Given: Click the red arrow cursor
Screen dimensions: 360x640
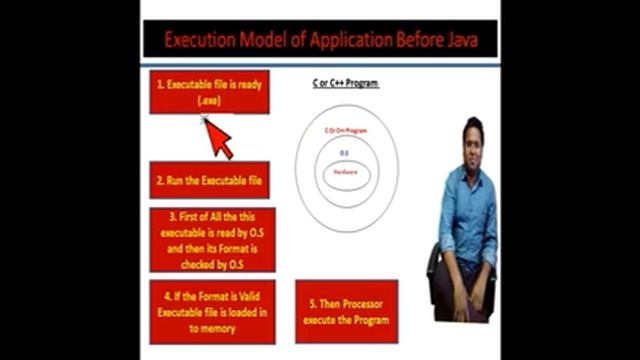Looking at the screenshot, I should [x=219, y=138].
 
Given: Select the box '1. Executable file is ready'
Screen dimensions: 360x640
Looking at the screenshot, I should [x=209, y=92].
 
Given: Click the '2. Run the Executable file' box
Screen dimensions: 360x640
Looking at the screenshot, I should [x=209, y=181].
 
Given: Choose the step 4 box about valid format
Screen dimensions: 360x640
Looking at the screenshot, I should [x=209, y=311].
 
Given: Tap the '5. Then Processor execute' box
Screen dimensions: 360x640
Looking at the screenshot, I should [x=346, y=311].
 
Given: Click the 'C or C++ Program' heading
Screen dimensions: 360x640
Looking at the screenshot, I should [x=346, y=83].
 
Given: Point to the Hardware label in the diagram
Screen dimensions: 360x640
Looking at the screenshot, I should [x=346, y=174].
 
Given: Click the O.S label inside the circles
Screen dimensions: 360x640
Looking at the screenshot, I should [x=345, y=152].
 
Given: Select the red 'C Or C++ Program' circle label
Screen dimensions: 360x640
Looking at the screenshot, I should [x=346, y=131].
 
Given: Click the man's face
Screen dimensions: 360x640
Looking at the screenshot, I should [x=473, y=139].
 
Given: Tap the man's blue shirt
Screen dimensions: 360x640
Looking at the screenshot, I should [x=468, y=210].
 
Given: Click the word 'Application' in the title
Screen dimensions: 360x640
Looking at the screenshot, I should [x=310, y=42].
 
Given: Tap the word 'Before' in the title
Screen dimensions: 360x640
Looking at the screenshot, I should [x=393, y=42].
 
